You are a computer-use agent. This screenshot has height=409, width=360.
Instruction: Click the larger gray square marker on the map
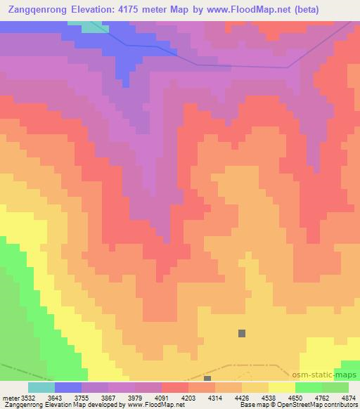coord(243,334)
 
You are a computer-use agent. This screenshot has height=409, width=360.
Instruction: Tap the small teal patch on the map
coord(90,27)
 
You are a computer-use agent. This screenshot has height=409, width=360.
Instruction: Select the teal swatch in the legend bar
coord(41,387)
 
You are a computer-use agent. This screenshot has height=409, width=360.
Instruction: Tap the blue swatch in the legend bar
coord(68,387)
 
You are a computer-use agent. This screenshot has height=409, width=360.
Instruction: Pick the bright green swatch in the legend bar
coord(308,387)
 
